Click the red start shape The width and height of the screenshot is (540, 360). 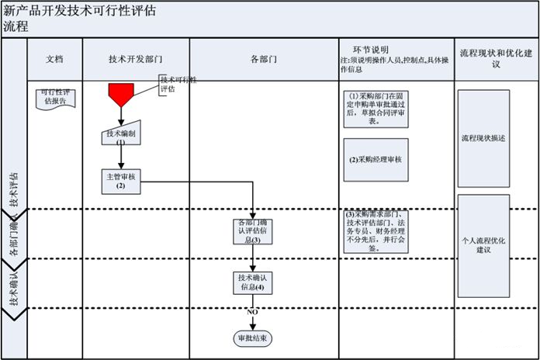pos(121,95)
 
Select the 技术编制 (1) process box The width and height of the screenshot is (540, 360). pos(120,137)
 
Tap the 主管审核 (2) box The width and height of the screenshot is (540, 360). pos(121,182)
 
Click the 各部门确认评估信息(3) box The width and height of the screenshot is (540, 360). pos(252,231)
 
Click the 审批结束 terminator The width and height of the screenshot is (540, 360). pos(252,338)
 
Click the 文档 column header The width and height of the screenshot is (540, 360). pos(54,59)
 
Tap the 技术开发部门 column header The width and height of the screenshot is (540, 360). pos(135,59)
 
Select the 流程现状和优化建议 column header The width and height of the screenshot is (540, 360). pos(495,59)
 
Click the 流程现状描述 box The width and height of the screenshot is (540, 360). pos(483,138)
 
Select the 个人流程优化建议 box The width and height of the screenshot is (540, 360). pos(483,246)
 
